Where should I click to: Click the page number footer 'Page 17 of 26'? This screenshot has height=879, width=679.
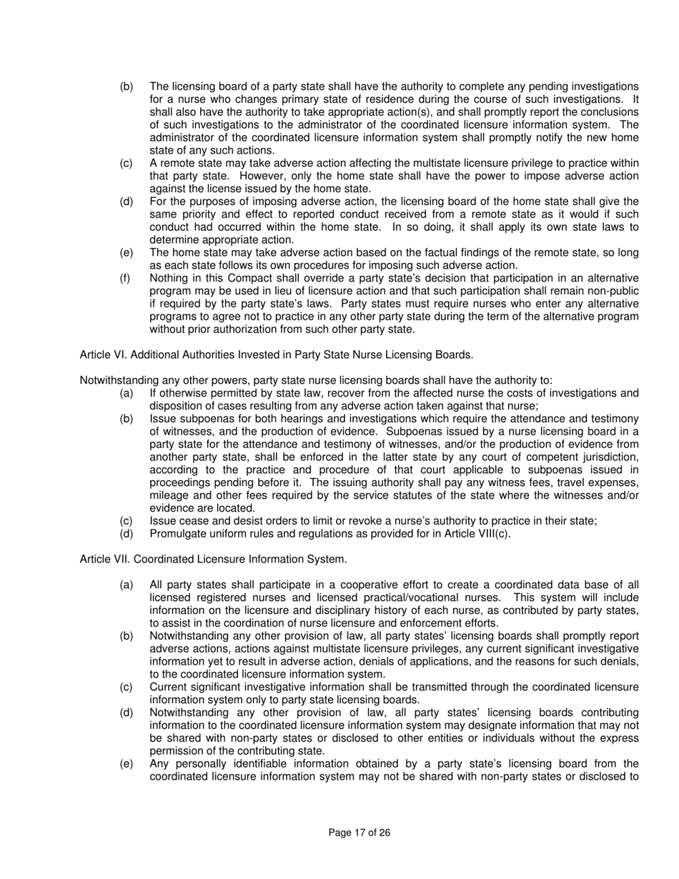click(x=359, y=833)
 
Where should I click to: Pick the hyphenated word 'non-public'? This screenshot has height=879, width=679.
click(x=613, y=291)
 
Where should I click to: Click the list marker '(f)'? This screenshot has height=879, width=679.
click(x=126, y=278)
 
